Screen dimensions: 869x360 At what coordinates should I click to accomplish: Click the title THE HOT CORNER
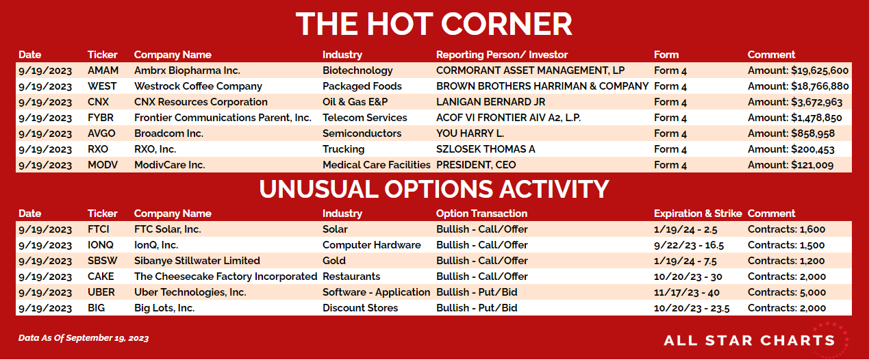pyautogui.click(x=433, y=24)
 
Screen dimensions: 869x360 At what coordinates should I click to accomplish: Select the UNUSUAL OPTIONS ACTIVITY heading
pyautogui.click(x=434, y=190)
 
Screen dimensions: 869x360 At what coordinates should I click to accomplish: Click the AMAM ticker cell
pyautogui.click(x=103, y=70)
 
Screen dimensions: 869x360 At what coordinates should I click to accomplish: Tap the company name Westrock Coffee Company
pyautogui.click(x=198, y=86)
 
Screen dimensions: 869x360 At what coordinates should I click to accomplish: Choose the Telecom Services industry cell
pyautogui.click(x=365, y=118)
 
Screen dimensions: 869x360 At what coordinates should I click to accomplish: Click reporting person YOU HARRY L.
pyautogui.click(x=470, y=133)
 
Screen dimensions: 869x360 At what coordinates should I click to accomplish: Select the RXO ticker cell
pyautogui.click(x=98, y=149)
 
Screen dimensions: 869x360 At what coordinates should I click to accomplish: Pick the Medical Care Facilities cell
pyautogui.click(x=377, y=165)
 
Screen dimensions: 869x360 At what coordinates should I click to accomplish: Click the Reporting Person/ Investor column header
pyautogui.click(x=502, y=55)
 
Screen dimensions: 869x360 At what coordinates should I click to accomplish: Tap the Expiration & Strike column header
pyautogui.click(x=698, y=214)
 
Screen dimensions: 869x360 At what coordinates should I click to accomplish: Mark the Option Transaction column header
pyautogui.click(x=481, y=214)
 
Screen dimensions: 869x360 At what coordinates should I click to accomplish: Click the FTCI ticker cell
pyautogui.click(x=98, y=229)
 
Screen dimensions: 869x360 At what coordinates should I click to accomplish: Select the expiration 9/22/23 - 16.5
pyautogui.click(x=689, y=245)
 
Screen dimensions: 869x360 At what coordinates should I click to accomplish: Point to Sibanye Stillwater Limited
pyautogui.click(x=197, y=261)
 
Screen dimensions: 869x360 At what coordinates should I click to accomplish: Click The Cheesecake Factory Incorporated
pyautogui.click(x=226, y=277)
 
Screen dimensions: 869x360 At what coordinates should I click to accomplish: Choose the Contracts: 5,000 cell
pyautogui.click(x=786, y=292)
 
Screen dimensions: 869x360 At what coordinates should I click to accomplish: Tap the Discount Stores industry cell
pyautogui.click(x=360, y=308)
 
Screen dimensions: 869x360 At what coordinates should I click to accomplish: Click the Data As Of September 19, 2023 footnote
pyautogui.click(x=84, y=338)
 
